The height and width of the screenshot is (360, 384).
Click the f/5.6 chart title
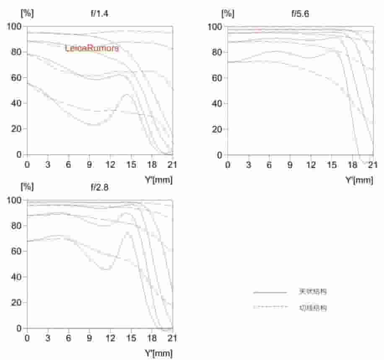click(x=300, y=13)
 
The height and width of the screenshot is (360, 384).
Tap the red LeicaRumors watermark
click(x=92, y=48)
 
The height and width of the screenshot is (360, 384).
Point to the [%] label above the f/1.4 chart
click(x=27, y=13)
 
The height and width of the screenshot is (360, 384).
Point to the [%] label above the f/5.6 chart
click(x=228, y=13)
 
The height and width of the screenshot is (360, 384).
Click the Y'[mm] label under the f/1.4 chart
click(x=158, y=180)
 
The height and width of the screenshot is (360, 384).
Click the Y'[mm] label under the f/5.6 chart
click(x=359, y=180)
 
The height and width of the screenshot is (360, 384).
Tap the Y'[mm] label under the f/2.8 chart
click(x=158, y=354)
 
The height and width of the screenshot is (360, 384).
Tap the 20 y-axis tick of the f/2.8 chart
click(x=16, y=303)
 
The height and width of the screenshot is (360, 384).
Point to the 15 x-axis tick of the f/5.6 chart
click(x=332, y=164)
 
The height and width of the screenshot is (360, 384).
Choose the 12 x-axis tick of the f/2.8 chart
click(x=110, y=337)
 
